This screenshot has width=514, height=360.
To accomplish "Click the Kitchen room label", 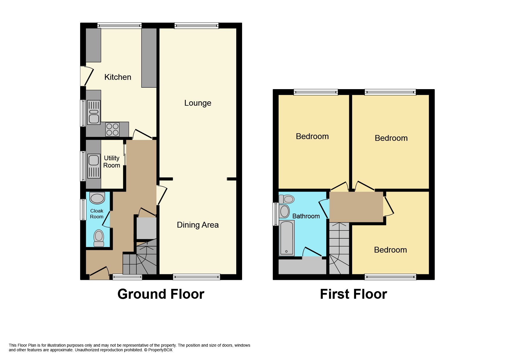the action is coord(118,77).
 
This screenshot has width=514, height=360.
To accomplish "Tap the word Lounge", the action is coord(198,103).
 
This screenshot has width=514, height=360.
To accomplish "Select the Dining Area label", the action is coord(198,225).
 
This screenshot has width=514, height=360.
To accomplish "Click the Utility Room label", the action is coord(112,162).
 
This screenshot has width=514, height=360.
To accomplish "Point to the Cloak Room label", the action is coord(97,214).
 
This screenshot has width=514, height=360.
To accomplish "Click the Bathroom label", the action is coord(306,216).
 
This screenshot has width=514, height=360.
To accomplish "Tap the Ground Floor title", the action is coord(161,294).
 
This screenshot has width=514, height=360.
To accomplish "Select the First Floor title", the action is coord(354,294).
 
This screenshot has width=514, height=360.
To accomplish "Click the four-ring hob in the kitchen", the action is coord(112,129).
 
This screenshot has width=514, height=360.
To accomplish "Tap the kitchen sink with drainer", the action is coord(94,112).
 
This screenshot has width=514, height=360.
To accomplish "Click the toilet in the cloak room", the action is coord(99,238).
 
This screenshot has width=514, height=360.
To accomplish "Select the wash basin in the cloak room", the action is coord(97,198).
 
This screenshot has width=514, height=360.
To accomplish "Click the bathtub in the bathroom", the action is coord(287,238).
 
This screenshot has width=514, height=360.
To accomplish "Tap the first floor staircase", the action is coord(339,249).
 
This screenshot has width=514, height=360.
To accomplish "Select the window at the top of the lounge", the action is coord(196,26).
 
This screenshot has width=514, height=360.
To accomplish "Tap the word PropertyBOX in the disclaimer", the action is coord(160,350).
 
